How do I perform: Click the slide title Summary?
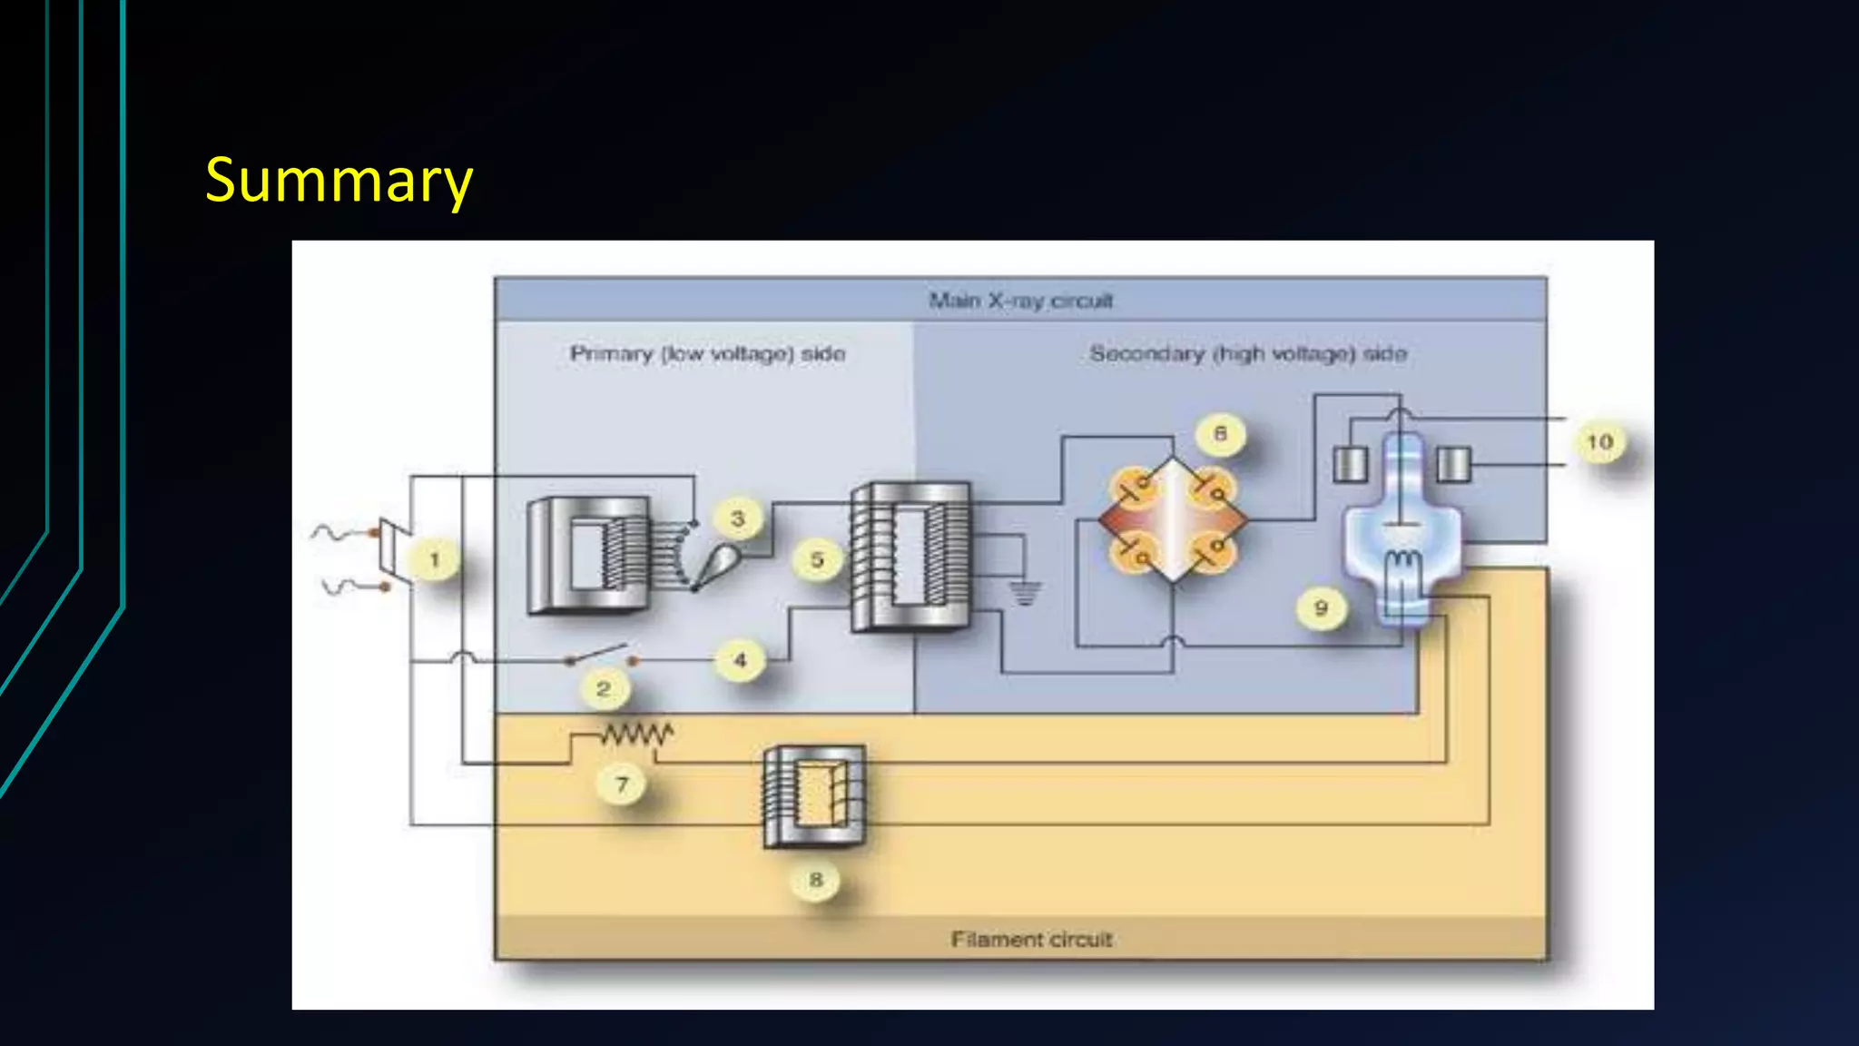(339, 180)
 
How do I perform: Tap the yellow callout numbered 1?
(434, 559)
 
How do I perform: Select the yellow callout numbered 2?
(603, 688)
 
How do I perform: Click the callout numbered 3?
(737, 518)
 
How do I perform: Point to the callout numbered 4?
(740, 660)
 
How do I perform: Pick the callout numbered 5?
(817, 559)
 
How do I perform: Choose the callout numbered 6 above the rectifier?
(1220, 434)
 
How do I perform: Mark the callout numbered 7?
(622, 784)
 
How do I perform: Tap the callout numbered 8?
(815, 879)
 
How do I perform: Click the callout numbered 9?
(1321, 607)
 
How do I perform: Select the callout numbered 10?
(1599, 442)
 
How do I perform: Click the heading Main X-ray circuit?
(1020, 301)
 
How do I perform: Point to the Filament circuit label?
(1031, 939)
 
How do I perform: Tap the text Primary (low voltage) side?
(707, 353)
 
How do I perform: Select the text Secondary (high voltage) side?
(1248, 353)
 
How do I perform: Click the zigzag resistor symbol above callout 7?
(636, 733)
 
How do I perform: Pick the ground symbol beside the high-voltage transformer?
(1024, 593)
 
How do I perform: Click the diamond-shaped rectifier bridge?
(1173, 520)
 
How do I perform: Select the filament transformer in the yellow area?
(814, 796)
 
